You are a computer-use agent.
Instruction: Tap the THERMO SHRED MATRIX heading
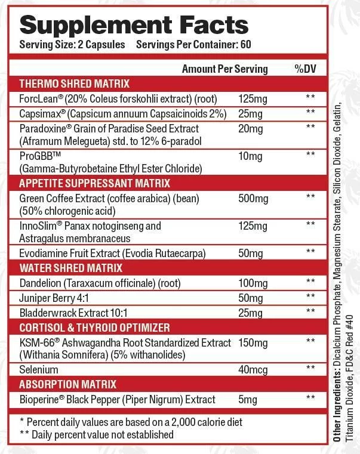click(x=74, y=84)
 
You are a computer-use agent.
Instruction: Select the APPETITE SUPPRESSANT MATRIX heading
click(x=95, y=183)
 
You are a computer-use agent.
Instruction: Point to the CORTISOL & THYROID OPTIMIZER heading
click(x=94, y=328)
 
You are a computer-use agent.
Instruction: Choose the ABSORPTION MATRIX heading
click(x=67, y=384)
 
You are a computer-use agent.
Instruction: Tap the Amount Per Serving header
click(x=224, y=69)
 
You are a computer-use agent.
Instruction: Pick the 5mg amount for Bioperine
click(x=248, y=399)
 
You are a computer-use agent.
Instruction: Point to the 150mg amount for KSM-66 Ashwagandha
click(x=253, y=342)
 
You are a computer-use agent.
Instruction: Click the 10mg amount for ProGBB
click(x=251, y=156)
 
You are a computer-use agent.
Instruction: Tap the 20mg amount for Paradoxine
click(x=251, y=128)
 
